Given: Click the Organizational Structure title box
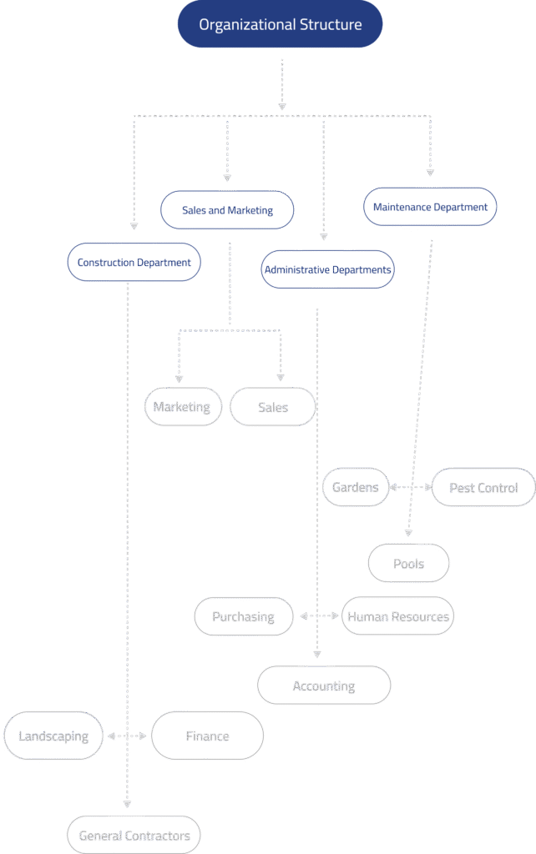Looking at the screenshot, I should [280, 24].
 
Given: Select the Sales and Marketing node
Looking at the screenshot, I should [227, 211].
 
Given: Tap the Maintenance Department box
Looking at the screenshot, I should [430, 206].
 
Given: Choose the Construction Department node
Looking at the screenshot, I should [134, 262].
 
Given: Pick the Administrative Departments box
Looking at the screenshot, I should [327, 269].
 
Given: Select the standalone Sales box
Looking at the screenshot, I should [273, 407].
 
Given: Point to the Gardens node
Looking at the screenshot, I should [356, 487].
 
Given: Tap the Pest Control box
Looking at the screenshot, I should [483, 488].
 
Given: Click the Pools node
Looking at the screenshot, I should [409, 564].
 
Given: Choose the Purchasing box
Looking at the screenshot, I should [244, 617].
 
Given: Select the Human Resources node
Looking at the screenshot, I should [398, 617].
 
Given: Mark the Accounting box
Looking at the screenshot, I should [324, 686].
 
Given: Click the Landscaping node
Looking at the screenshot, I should [53, 736].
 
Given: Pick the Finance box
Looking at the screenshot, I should [207, 736].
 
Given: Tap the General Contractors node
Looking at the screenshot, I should [134, 835].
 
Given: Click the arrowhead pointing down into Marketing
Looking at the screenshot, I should [177, 378].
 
